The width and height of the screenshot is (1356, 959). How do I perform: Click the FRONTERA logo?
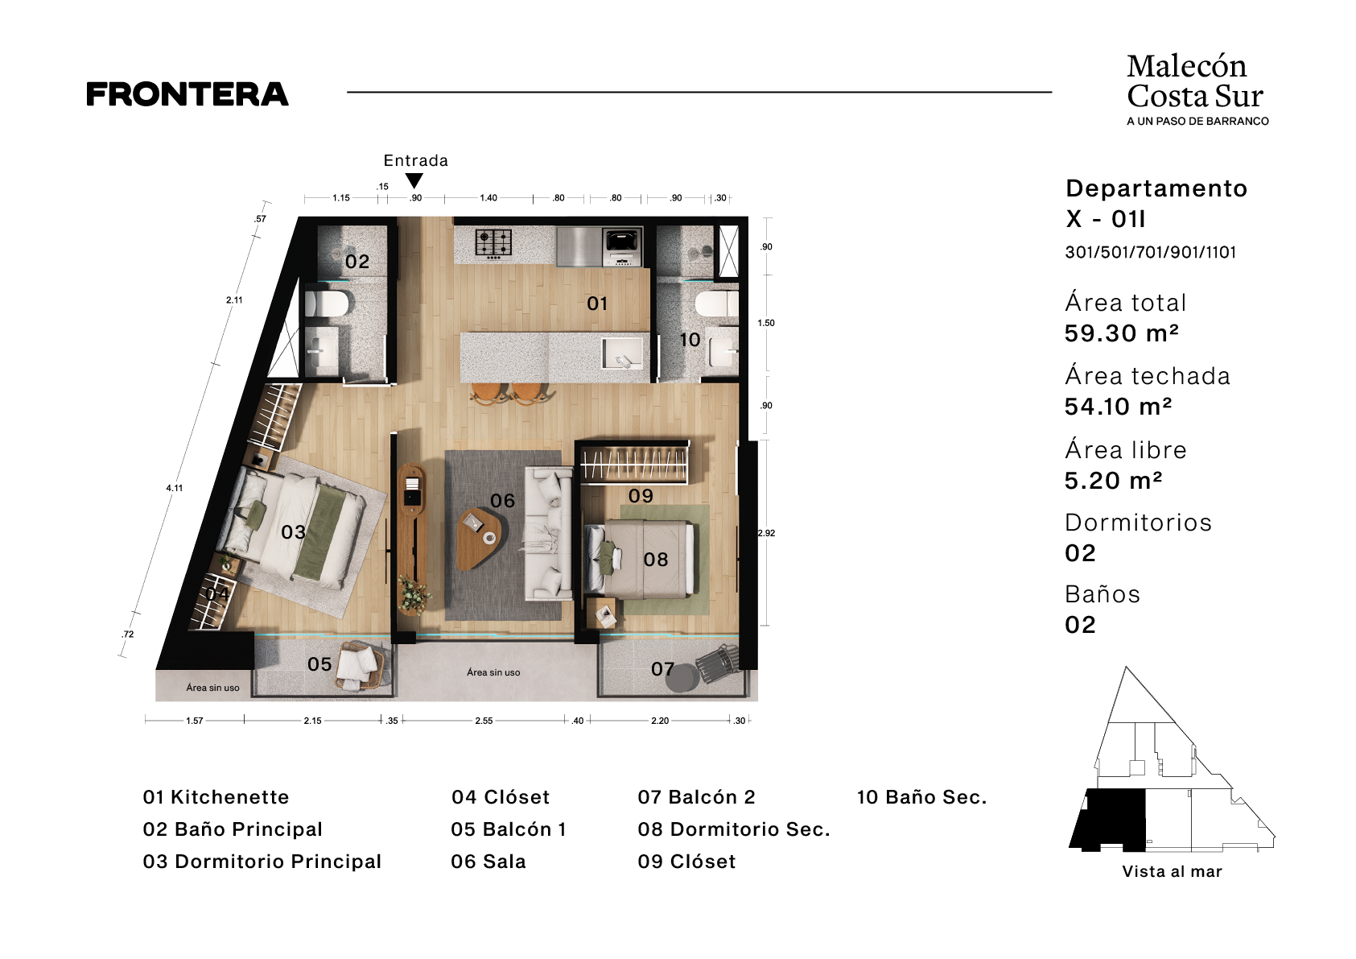tap(188, 94)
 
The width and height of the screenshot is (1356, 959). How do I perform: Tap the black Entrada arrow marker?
tap(414, 180)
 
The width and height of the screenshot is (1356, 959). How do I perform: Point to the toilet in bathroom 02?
tap(326, 302)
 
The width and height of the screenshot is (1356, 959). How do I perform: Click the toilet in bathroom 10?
tap(717, 304)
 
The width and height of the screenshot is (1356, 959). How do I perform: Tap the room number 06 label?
tap(502, 500)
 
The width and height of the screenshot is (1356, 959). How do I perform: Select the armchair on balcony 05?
tap(361, 665)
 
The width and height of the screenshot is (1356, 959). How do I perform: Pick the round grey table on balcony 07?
tap(682, 678)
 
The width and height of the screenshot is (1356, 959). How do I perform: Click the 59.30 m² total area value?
tap(1122, 333)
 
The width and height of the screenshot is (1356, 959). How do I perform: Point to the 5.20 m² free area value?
tap(1114, 481)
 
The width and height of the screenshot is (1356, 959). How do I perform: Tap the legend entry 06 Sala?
tap(488, 862)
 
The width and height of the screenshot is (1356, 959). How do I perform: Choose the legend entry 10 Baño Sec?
tap(921, 797)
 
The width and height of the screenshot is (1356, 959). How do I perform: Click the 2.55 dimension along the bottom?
tap(484, 721)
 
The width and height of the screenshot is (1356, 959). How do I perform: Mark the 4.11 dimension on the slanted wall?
tap(175, 488)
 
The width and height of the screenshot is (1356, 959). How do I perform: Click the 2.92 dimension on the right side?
tap(766, 533)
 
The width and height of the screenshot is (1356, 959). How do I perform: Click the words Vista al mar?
tap(1172, 871)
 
